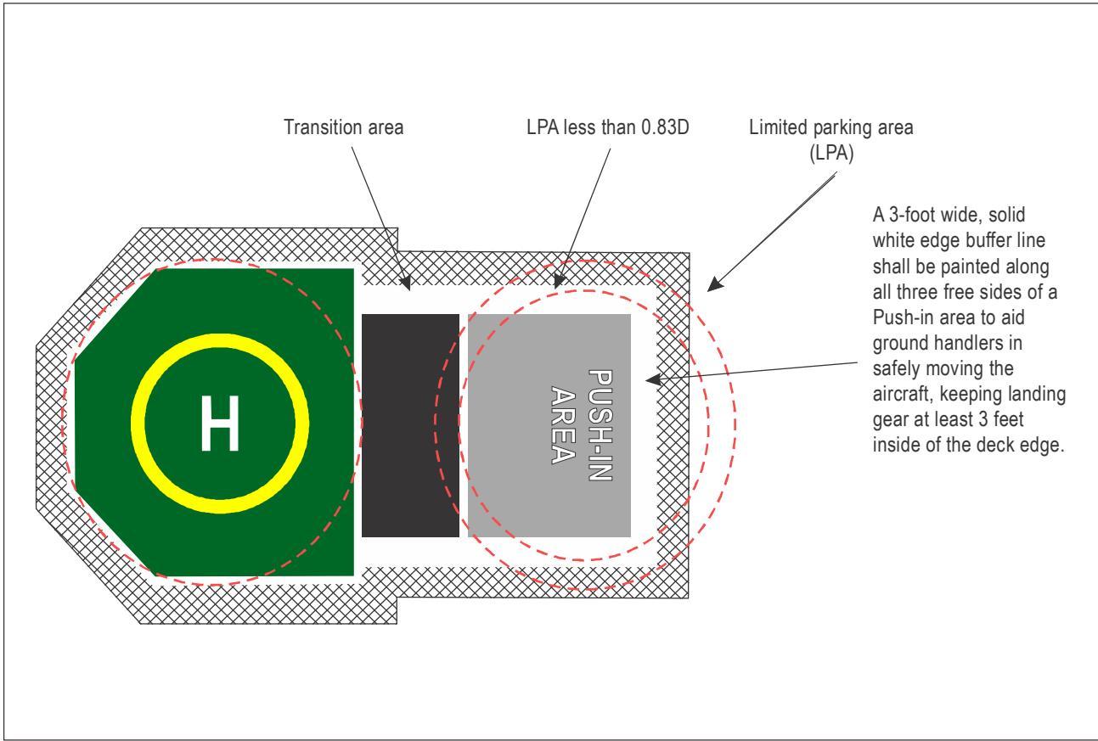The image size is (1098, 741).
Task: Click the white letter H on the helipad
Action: (x=220, y=423)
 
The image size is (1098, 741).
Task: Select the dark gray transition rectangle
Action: (x=410, y=425)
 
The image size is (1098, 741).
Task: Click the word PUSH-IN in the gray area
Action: (x=600, y=425)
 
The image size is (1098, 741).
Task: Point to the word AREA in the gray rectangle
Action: (x=563, y=425)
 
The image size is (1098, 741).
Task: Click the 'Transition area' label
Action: (x=344, y=127)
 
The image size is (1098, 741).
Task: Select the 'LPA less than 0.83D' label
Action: (x=608, y=127)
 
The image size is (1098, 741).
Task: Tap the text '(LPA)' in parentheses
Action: (x=831, y=153)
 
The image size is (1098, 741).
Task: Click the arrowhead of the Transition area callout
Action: (x=405, y=283)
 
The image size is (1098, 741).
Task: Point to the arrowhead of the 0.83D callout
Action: (x=560, y=282)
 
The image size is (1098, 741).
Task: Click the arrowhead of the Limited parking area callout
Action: (x=714, y=284)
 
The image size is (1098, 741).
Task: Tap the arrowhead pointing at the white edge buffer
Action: (x=653, y=379)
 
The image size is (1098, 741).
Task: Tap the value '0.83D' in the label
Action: (x=665, y=127)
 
